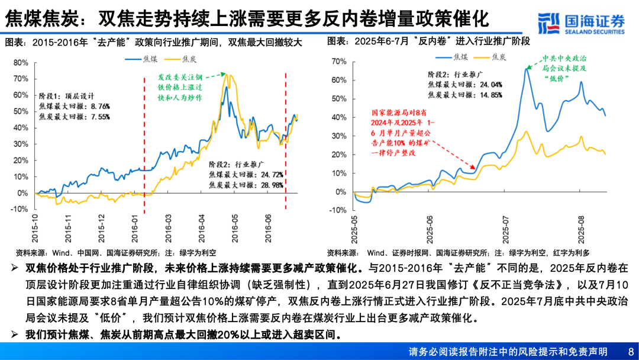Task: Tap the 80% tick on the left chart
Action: (20, 62)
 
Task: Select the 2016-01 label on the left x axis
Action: (135, 226)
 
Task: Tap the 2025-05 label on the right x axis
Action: (354, 229)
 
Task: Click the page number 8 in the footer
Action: (630, 351)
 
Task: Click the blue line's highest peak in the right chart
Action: (525, 69)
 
